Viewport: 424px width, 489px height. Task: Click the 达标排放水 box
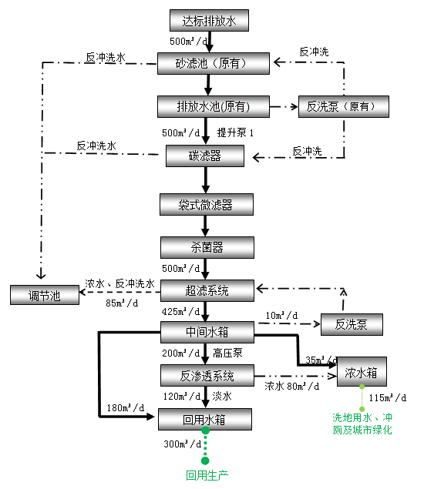(x=209, y=21)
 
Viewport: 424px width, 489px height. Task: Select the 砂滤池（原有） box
(x=214, y=63)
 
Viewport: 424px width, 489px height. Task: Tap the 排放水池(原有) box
(x=214, y=106)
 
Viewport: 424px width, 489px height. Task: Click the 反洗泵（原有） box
(x=343, y=106)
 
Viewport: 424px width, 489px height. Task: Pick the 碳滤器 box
(x=205, y=156)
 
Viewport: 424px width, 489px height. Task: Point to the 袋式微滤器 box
(x=206, y=205)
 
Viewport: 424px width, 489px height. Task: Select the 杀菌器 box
(x=206, y=248)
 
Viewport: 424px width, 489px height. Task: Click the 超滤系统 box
(x=206, y=290)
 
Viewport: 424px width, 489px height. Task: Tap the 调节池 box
(x=44, y=295)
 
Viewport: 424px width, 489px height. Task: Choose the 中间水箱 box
(x=206, y=333)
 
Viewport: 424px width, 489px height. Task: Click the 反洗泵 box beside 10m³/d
(x=352, y=325)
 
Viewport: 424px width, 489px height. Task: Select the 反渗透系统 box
(x=206, y=376)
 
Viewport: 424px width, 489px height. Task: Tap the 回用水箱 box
(x=205, y=420)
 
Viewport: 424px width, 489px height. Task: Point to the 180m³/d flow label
(x=123, y=407)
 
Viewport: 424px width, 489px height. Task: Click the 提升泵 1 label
(x=235, y=132)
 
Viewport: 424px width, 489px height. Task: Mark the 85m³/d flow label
(x=122, y=303)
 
